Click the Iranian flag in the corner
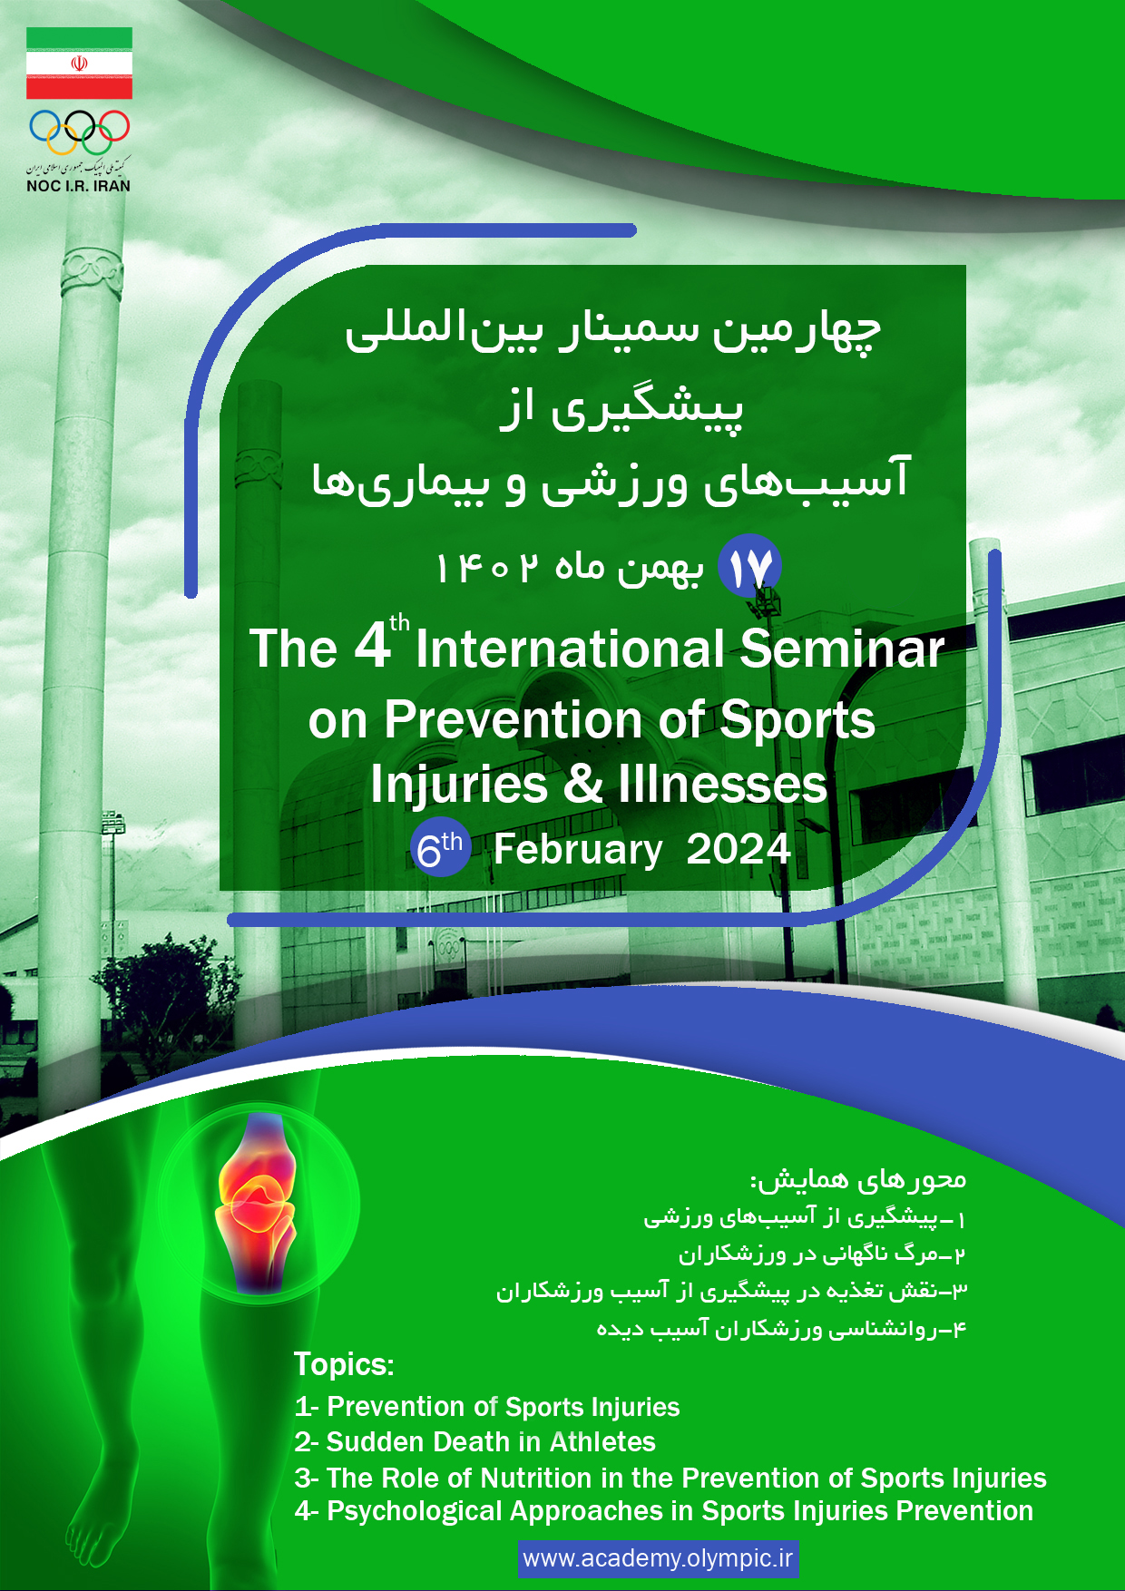(79, 63)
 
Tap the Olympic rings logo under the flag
(80, 132)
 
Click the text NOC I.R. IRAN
(79, 186)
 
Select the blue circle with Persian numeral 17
(749, 566)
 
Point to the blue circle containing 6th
(440, 849)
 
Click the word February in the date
(578, 850)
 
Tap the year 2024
(739, 849)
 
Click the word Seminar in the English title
(842, 649)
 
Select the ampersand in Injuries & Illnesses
(583, 784)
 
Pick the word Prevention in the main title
(514, 719)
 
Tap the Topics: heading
(344, 1364)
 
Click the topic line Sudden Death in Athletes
(474, 1442)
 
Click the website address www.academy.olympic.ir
(659, 1558)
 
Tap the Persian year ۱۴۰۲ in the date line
(486, 568)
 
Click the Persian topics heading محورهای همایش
(858, 1179)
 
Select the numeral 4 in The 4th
(372, 647)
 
